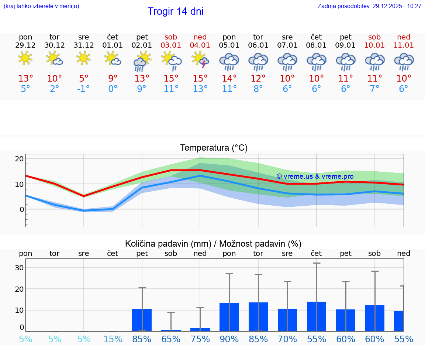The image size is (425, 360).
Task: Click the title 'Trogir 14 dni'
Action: pyautogui.click(x=176, y=11)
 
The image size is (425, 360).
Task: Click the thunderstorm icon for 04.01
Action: pyautogui.click(x=200, y=60)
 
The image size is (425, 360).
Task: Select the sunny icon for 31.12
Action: pyautogui.click(x=84, y=58)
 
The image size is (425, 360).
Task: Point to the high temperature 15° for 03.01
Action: pyautogui.click(x=171, y=79)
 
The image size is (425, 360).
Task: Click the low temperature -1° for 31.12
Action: pyautogui.click(x=84, y=89)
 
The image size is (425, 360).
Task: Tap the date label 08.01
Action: pyautogui.click(x=316, y=45)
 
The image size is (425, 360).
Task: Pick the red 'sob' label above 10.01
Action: pyautogui.click(x=374, y=37)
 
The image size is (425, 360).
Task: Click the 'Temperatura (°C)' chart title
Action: pyautogui.click(x=214, y=148)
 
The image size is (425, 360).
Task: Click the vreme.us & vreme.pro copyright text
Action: pyautogui.click(x=315, y=176)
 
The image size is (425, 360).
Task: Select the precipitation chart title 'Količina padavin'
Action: pyautogui.click(x=213, y=244)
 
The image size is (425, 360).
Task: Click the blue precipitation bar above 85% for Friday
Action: pyautogui.click(x=142, y=320)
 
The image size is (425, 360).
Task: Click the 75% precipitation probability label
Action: pyautogui.click(x=200, y=339)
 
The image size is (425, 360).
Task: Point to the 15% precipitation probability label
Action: pyautogui.click(x=113, y=339)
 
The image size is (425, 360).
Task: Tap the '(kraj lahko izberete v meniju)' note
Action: pyautogui.click(x=41, y=6)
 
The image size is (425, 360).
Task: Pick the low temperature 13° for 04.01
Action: pyautogui.click(x=200, y=89)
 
